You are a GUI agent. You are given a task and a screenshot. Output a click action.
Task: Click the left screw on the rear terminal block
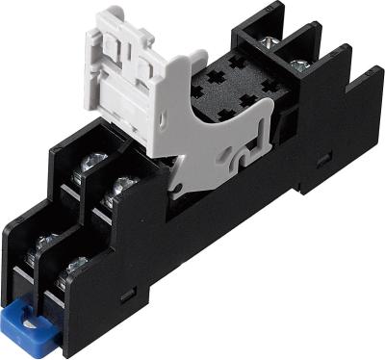point(267,40)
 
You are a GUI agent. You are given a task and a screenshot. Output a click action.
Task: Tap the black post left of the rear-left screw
point(242,35)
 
